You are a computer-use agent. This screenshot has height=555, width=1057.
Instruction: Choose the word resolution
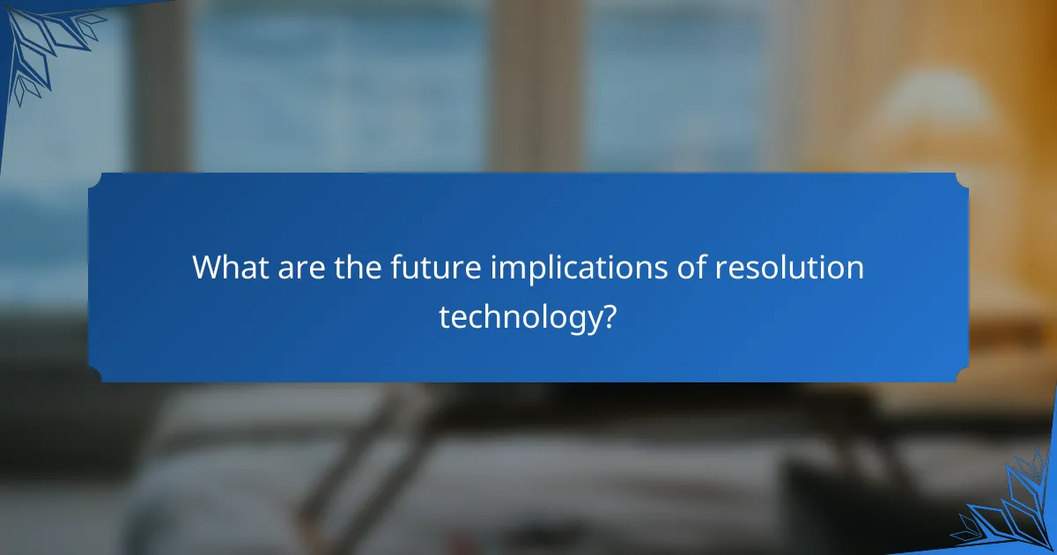coord(788,267)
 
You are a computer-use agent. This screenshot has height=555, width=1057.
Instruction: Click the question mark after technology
coord(606,314)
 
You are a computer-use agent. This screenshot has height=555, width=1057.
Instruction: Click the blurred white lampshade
coord(934,106)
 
